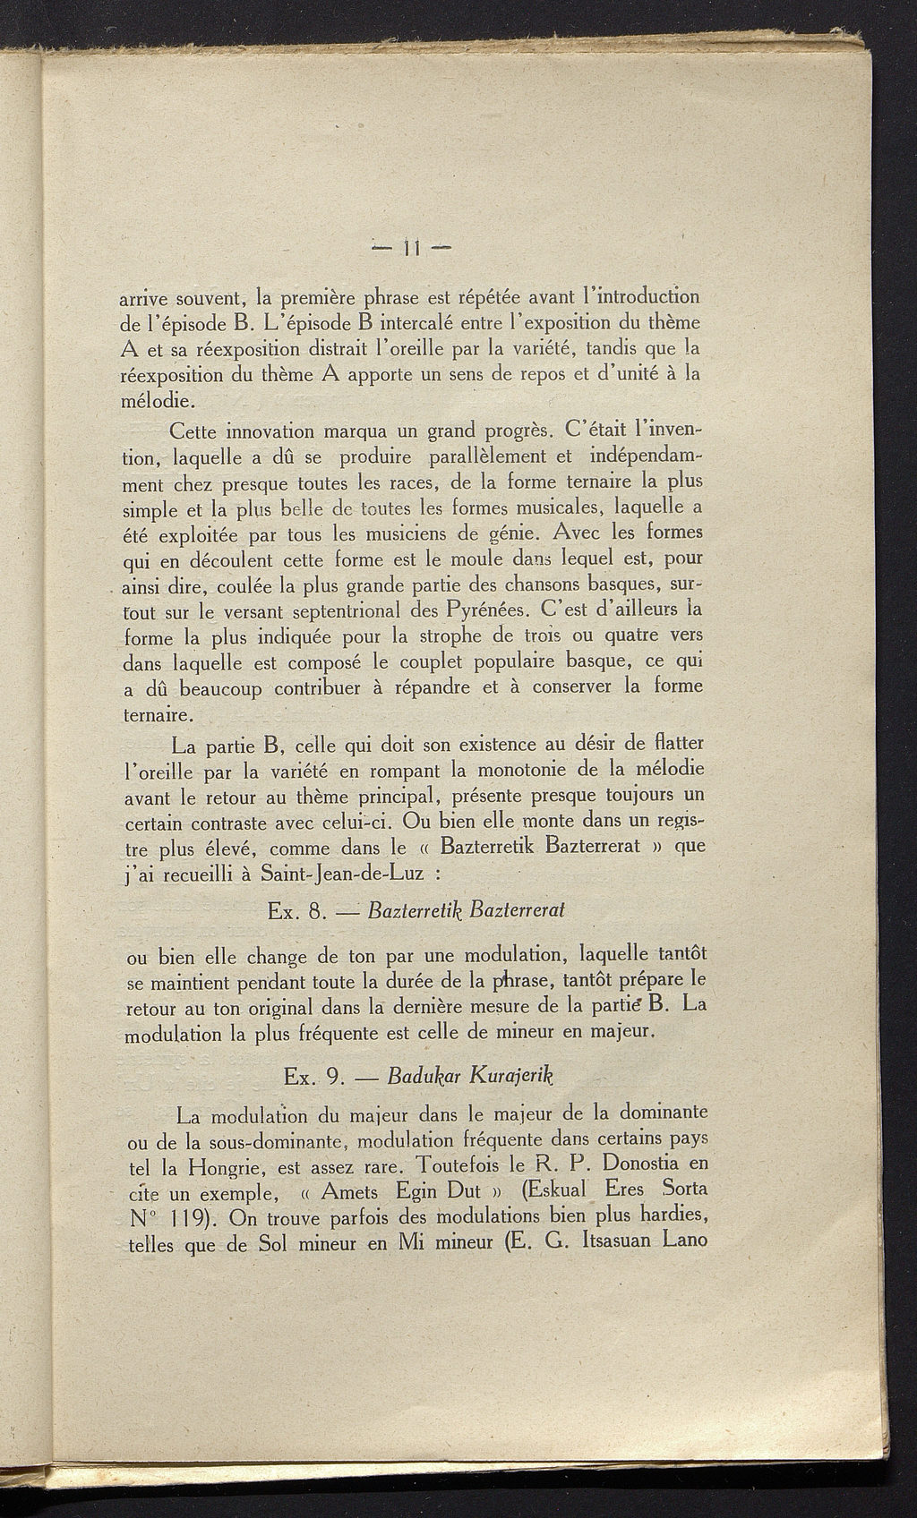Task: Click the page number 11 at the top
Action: coord(413,246)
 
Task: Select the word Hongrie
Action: coord(228,1167)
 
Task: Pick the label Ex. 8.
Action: coord(294,911)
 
